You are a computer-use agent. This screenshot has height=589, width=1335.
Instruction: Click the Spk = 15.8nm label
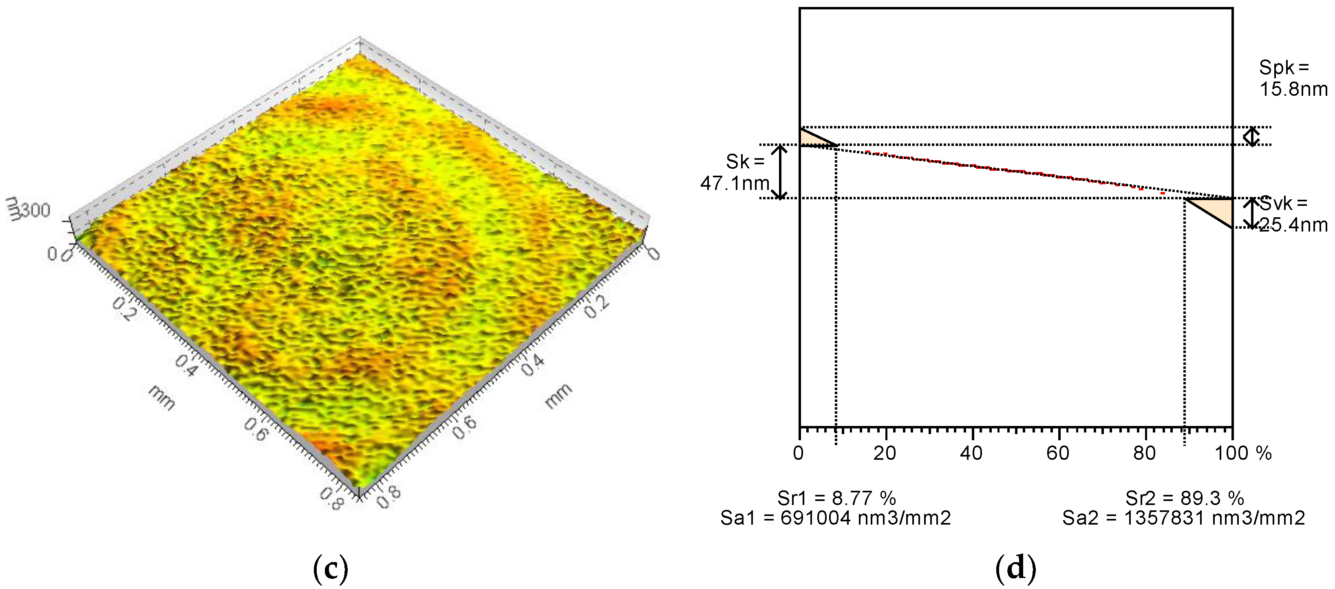(1293, 78)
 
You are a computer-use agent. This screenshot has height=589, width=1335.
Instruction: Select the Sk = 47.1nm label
(735, 172)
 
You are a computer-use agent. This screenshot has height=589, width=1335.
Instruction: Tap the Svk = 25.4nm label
(1293, 214)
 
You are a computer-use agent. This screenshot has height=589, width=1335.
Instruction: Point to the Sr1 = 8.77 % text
(836, 499)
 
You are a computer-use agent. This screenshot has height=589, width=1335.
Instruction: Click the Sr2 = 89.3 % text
(1185, 499)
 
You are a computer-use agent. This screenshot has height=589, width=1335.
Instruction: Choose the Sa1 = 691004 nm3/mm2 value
(835, 518)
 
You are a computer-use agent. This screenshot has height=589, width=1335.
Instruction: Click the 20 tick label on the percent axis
(885, 453)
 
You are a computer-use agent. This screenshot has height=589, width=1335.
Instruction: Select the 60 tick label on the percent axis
(1058, 453)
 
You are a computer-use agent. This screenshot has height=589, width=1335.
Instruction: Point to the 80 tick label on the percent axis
(1144, 453)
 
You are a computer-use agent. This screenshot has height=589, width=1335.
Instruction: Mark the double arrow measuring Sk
(780, 172)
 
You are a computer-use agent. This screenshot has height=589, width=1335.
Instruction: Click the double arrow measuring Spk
(1252, 136)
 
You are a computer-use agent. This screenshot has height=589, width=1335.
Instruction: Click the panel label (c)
(331, 568)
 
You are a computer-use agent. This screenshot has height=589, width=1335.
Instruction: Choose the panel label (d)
(1015, 568)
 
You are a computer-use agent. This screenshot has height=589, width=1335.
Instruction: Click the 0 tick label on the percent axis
(799, 453)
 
